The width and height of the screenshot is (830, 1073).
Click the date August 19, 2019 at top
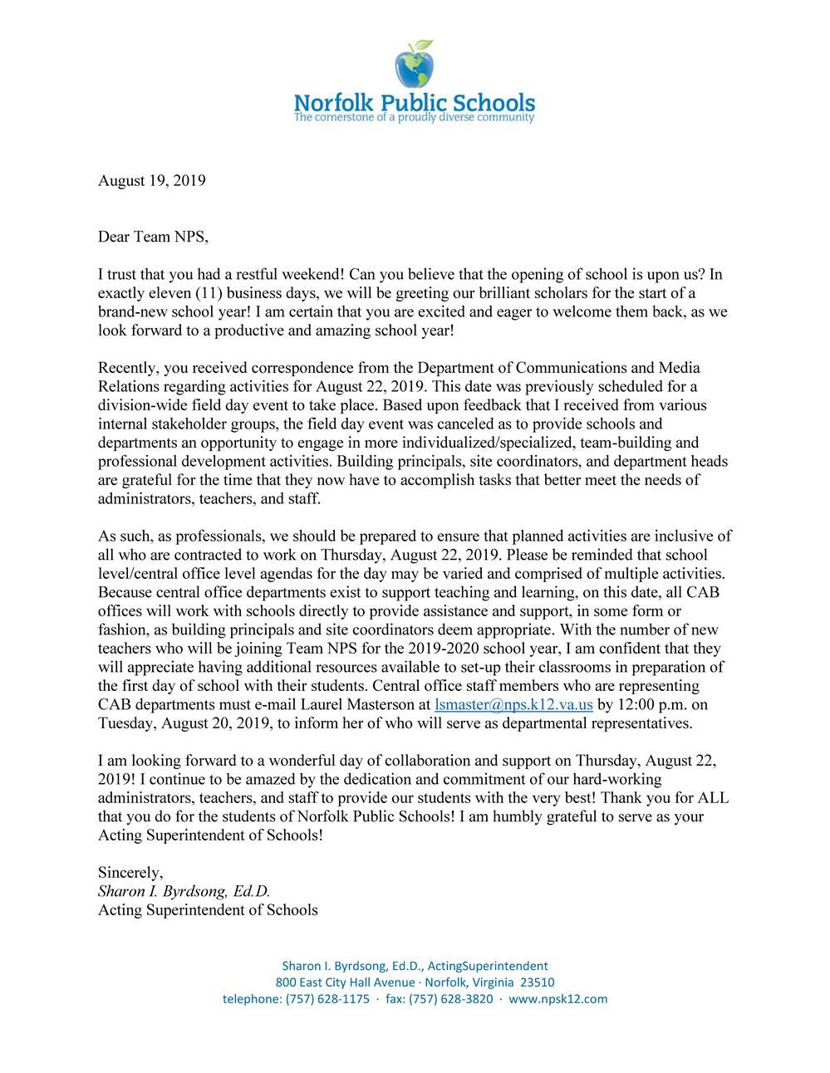pos(151,180)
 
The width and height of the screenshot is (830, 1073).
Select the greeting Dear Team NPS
pos(153,237)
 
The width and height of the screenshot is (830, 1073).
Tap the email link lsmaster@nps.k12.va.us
pos(513,704)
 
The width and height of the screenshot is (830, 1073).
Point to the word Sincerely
pos(130,872)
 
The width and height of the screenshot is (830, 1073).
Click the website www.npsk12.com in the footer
pos(557,999)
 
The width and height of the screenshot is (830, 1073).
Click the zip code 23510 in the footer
pos(537,982)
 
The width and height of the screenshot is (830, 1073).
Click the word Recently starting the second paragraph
pos(127,367)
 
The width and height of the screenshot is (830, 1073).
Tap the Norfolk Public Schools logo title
pos(414,103)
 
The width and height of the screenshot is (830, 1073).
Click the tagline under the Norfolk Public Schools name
pos(414,118)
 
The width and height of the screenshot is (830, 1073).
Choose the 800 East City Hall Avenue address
pos(345,982)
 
